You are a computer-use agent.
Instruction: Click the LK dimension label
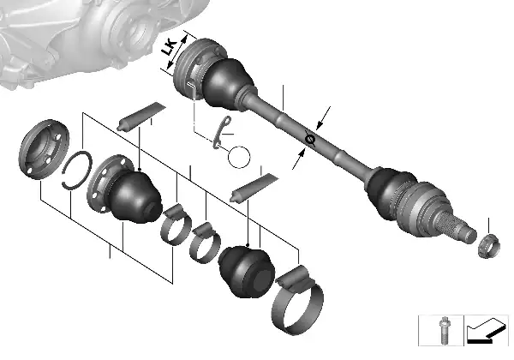click(170, 48)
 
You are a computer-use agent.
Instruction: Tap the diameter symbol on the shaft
click(310, 139)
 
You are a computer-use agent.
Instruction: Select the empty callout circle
click(239, 157)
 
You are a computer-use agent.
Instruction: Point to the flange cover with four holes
click(44, 149)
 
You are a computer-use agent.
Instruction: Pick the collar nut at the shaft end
click(489, 246)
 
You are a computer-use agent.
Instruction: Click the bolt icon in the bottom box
click(444, 330)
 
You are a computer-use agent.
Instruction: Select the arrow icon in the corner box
click(486, 331)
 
